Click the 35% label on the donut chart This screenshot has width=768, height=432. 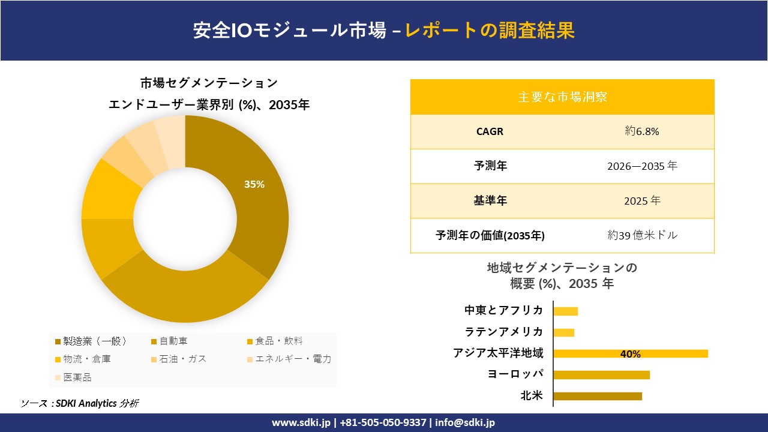point(254,184)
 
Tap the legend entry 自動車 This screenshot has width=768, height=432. point(173,341)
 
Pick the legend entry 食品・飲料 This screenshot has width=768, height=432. point(279,341)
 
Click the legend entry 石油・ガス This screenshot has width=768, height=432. point(182,359)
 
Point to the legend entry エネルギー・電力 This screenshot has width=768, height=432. point(293,359)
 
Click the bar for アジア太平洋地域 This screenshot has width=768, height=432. point(630,353)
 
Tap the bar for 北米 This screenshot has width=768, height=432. point(597,396)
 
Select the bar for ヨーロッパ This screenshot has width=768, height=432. point(601,375)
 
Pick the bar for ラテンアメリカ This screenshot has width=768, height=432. point(563,332)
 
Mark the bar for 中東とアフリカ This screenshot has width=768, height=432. point(565,311)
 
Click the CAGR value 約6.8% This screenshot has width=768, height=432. point(642,131)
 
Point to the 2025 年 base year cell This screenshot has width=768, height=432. point(642,201)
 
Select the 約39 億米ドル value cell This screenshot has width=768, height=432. point(642,235)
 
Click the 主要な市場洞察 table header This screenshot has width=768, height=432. point(562,97)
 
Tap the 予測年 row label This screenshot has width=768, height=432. point(490,166)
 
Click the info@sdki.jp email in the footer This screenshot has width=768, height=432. point(465,422)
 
